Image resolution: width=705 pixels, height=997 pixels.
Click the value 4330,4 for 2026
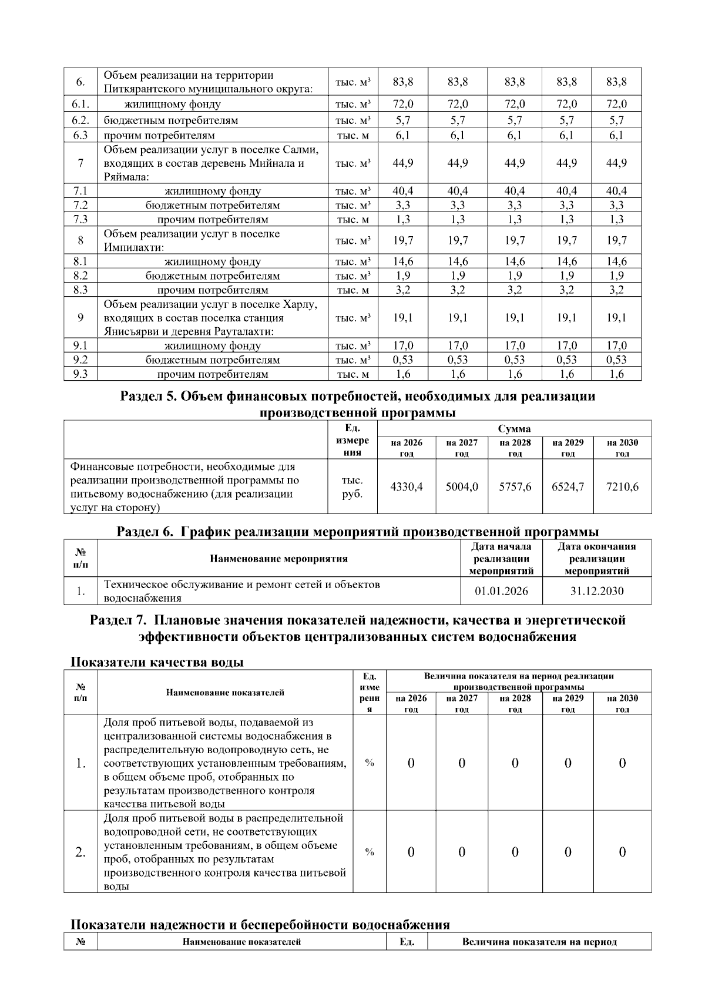click(407, 486)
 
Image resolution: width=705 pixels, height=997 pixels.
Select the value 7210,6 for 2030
click(622, 486)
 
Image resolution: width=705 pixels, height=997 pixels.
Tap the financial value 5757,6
click(515, 486)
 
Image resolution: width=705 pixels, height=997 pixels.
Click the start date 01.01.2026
click(501, 591)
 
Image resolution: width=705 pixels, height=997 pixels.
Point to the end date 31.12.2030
click(597, 591)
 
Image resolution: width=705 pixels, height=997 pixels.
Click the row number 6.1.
click(80, 105)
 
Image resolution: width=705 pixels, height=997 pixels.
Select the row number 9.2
click(80, 360)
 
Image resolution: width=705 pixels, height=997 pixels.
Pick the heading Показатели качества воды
click(156, 662)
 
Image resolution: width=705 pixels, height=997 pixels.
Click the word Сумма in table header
click(514, 428)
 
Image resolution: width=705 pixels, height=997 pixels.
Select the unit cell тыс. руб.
click(352, 486)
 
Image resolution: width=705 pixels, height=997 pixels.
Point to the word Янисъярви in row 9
click(133, 332)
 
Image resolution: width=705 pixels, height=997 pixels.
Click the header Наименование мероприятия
click(278, 559)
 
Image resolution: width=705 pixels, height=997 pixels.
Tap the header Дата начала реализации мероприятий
click(501, 559)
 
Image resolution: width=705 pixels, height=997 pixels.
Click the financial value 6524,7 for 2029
click(568, 486)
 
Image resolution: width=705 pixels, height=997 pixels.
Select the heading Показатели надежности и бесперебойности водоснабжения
click(260, 925)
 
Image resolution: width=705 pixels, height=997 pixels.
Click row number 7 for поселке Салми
click(80, 163)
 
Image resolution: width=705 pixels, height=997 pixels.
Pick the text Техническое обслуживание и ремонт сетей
click(241, 585)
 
